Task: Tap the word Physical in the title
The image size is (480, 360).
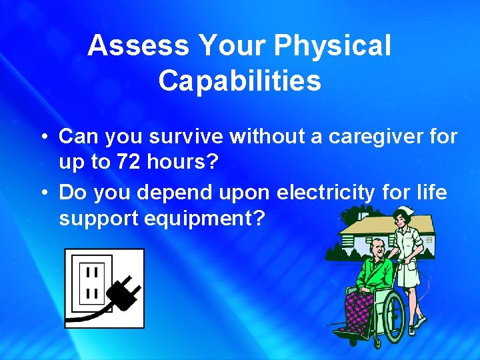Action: (x=333, y=46)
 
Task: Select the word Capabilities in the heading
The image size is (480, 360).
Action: (x=239, y=81)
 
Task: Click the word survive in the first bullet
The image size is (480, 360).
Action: (x=187, y=137)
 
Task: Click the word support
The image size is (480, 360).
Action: (x=99, y=219)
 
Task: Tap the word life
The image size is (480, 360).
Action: (x=429, y=193)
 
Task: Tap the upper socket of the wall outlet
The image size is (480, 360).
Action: (x=92, y=273)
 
